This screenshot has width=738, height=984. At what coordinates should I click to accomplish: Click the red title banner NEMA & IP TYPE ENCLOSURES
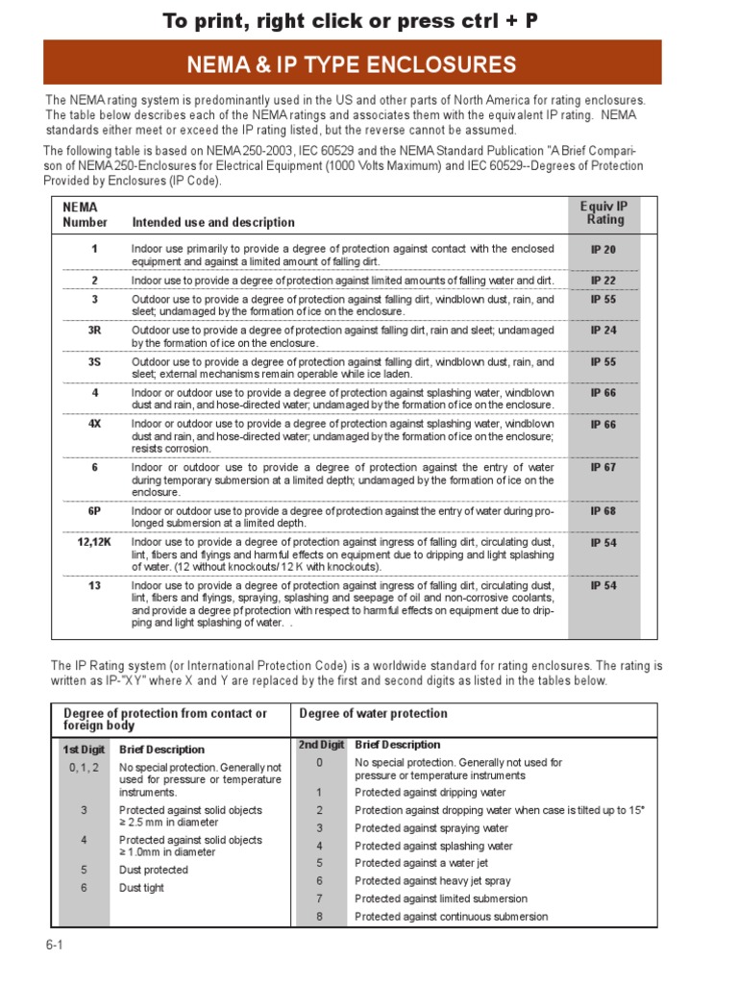pos(351,65)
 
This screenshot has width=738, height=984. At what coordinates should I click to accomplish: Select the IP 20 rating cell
pos(603,250)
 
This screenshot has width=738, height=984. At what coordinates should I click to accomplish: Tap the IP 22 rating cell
pos(603,281)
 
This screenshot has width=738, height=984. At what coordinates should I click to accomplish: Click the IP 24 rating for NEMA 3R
pos(603,331)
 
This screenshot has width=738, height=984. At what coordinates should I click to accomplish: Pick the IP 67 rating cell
pos(603,468)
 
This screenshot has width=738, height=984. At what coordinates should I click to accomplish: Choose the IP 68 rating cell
pos(603,511)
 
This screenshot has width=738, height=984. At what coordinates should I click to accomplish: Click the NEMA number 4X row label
pos(94,424)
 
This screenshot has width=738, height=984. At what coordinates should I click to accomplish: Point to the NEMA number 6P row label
pos(94,511)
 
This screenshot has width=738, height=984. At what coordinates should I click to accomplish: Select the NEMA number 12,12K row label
pos(94,542)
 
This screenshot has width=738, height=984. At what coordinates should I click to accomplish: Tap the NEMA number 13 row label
pos(94,585)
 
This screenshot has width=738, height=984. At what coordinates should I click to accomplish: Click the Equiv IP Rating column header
pos(604,213)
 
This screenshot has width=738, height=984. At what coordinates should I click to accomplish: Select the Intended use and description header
pos(213,222)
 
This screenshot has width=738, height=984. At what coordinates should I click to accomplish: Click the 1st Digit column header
pos(84,750)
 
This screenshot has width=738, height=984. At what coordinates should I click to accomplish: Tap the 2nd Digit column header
pos(321,745)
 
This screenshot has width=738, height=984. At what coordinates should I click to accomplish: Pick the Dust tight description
pos(141,888)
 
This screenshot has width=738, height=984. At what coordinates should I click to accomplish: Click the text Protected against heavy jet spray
pos(432,881)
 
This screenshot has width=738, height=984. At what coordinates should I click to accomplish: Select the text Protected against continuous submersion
pos(451,917)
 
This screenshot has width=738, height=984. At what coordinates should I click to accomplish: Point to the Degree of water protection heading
pos(373,713)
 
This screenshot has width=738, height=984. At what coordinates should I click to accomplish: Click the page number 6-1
pos(54,945)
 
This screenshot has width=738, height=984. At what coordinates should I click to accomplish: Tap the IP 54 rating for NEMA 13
pos(603,585)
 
